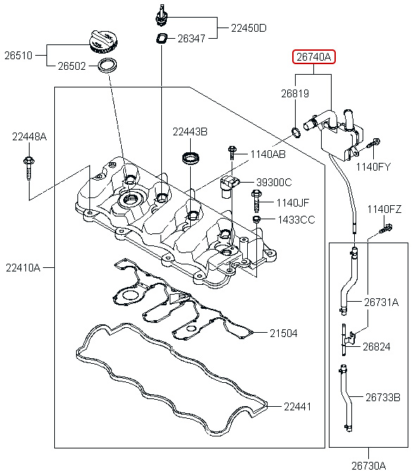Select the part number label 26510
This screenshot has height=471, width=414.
[23, 54]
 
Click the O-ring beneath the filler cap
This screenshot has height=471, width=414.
[106, 67]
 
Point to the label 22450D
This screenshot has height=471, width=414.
[249, 28]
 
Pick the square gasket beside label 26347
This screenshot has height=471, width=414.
[161, 38]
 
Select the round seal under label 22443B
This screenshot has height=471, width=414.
[190, 156]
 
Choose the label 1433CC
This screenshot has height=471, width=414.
[296, 220]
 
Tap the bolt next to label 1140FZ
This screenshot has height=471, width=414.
[386, 227]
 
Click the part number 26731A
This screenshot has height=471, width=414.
[381, 302]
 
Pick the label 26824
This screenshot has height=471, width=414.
[376, 346]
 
